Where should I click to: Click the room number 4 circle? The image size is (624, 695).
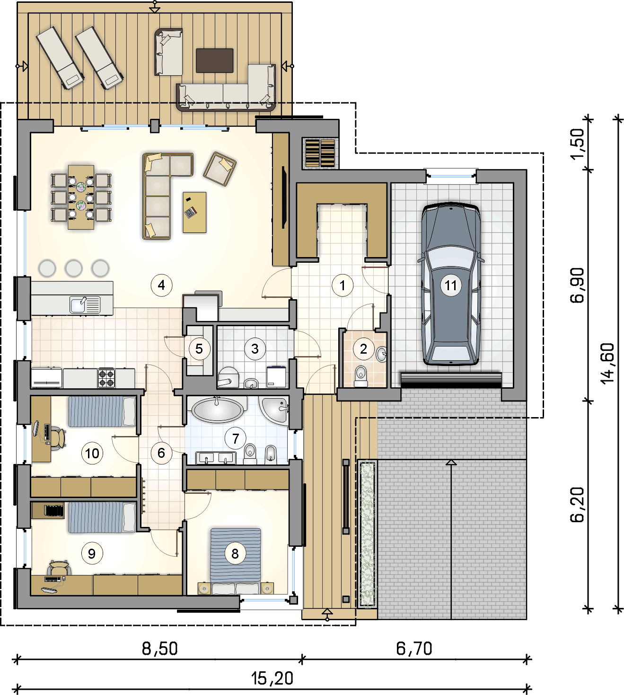tap(161, 285)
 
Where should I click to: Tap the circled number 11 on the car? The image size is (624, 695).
tap(450, 285)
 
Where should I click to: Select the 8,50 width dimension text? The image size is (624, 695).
tap(160, 649)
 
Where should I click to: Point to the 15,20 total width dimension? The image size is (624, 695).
tap(272, 678)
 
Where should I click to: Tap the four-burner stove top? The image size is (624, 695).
tap(106, 378)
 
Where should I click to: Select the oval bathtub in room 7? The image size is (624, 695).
tap(217, 410)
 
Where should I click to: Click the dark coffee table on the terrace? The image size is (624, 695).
tap(215, 61)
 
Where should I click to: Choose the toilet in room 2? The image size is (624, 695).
tap(360, 376)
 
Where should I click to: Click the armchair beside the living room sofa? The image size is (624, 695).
tap(220, 169)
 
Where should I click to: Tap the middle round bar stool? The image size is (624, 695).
tap(73, 268)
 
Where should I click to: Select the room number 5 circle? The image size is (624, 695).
tap(199, 349)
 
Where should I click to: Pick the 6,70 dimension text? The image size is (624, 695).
tap(414, 649)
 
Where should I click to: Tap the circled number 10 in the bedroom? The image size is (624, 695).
tap(92, 453)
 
